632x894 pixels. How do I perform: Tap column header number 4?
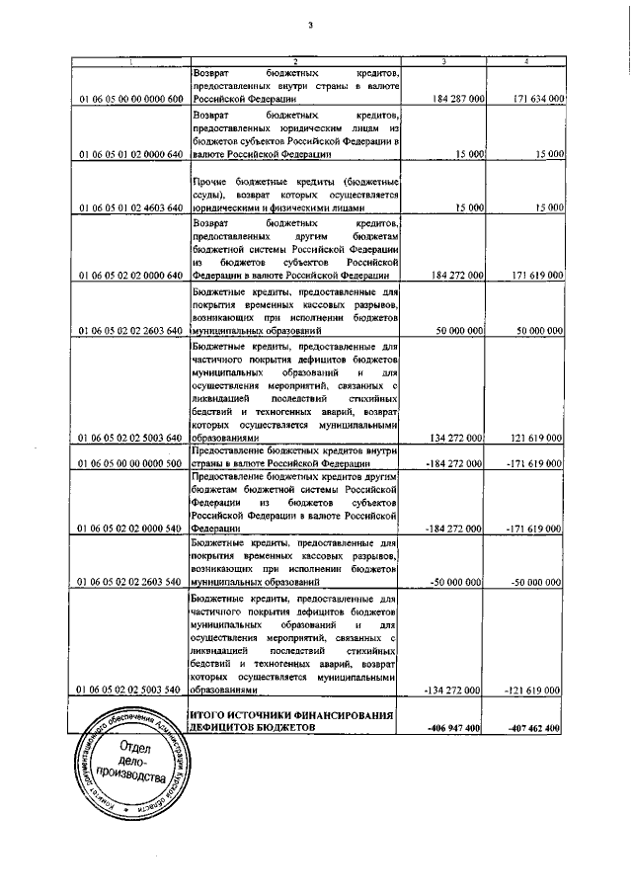(x=525, y=63)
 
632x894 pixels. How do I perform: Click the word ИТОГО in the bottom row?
(x=209, y=714)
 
